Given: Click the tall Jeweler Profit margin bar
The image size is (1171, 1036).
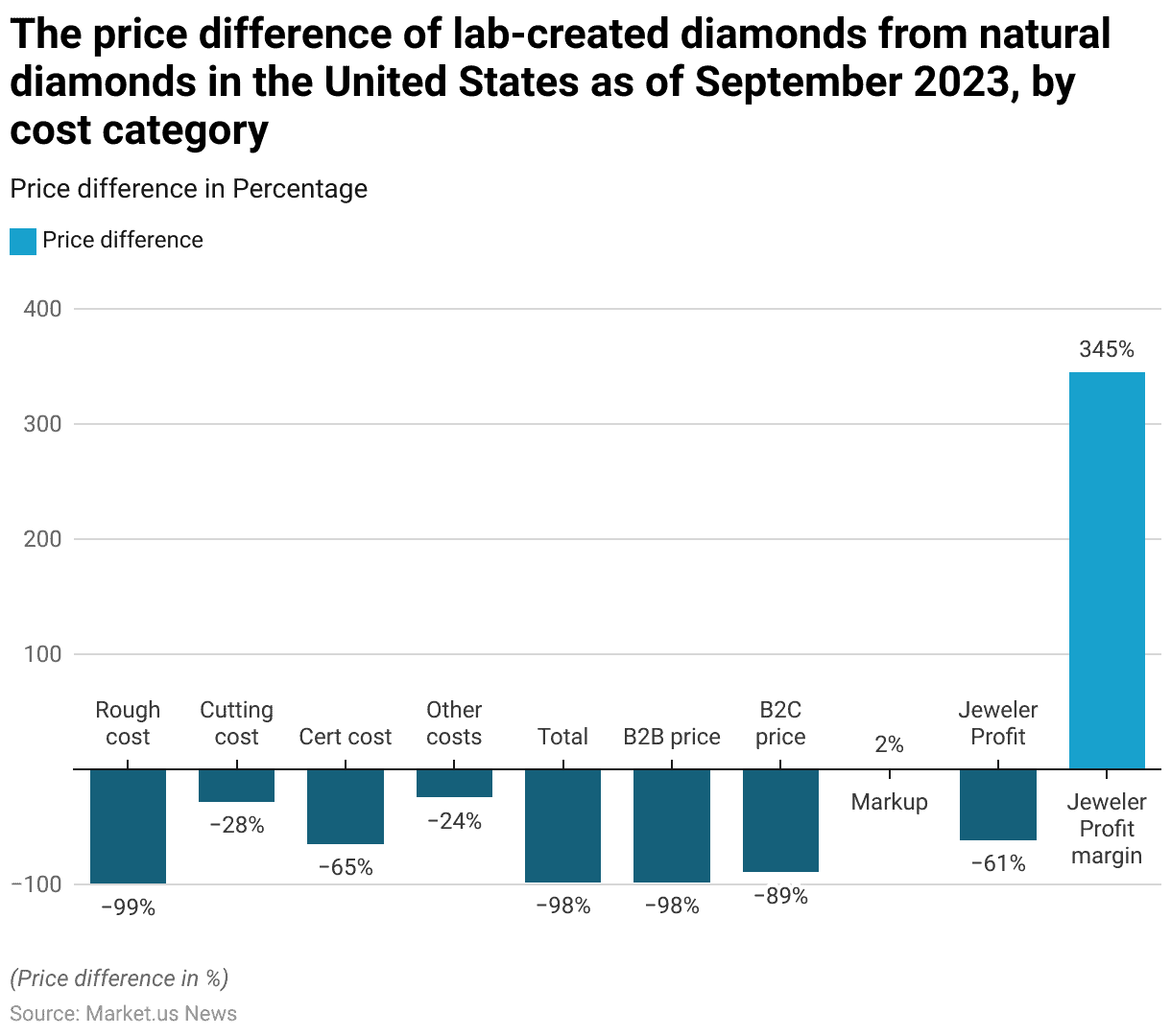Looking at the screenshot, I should (1107, 570).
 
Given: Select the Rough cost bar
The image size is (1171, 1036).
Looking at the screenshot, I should (128, 826).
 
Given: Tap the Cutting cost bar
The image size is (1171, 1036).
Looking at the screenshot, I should (236, 786).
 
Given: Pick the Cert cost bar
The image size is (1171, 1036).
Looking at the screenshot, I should (346, 807).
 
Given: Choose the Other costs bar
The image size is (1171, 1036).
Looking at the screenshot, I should (454, 783).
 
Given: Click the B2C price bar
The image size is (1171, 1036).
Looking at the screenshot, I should (780, 820).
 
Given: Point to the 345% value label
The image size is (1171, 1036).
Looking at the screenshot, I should (1107, 349).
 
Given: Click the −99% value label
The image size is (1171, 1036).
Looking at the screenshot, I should (128, 906).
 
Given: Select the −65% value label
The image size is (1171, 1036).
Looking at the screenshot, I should (346, 867).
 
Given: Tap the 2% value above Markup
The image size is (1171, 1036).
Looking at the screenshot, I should (889, 744).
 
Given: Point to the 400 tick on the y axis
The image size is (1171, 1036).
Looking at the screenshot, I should (42, 309).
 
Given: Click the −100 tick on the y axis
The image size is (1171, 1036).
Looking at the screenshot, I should (36, 884).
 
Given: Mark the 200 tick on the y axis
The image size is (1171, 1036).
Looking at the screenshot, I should (42, 539).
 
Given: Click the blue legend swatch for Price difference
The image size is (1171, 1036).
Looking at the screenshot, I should (23, 241).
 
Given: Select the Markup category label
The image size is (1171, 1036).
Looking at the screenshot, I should (889, 802).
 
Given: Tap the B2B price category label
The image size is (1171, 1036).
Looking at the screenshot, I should (672, 737).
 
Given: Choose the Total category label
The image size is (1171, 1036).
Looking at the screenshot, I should (562, 737).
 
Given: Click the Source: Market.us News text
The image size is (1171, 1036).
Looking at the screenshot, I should (123, 1013).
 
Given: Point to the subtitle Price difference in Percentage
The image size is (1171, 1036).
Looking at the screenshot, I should (188, 189).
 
